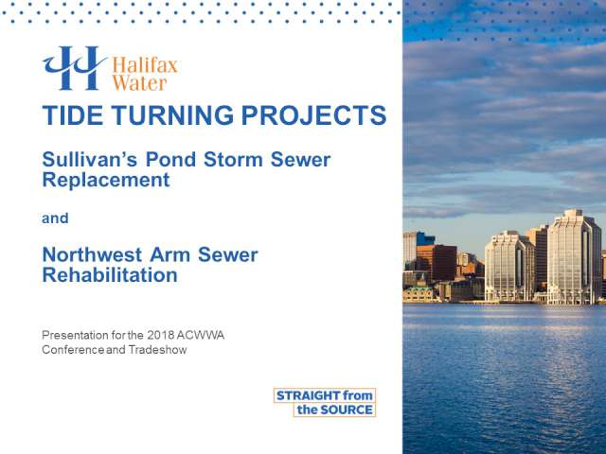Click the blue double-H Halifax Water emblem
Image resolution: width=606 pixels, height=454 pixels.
tap(74, 68)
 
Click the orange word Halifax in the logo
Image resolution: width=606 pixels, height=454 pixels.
tap(145, 65)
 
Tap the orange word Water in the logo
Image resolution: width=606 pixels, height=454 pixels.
tap(139, 83)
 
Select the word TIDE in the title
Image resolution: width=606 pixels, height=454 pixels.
tap(73, 115)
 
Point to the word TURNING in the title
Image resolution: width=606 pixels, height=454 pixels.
tap(172, 115)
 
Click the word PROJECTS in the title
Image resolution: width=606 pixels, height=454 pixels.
tap(313, 115)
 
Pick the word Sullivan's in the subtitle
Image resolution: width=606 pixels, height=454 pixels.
tap(90, 160)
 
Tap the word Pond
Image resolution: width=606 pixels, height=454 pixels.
tap(170, 160)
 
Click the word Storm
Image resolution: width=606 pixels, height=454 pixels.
tap(233, 160)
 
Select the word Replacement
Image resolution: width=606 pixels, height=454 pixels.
tap(106, 180)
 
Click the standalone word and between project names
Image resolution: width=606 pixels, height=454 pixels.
tap(55, 218)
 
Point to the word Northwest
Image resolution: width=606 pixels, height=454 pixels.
tap(92, 254)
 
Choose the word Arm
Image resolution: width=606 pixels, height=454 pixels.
tap(169, 254)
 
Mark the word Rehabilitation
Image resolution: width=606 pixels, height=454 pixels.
tap(110, 275)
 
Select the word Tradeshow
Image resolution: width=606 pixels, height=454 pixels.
tap(157, 350)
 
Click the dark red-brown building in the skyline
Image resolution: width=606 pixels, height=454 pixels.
tap(444, 263)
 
